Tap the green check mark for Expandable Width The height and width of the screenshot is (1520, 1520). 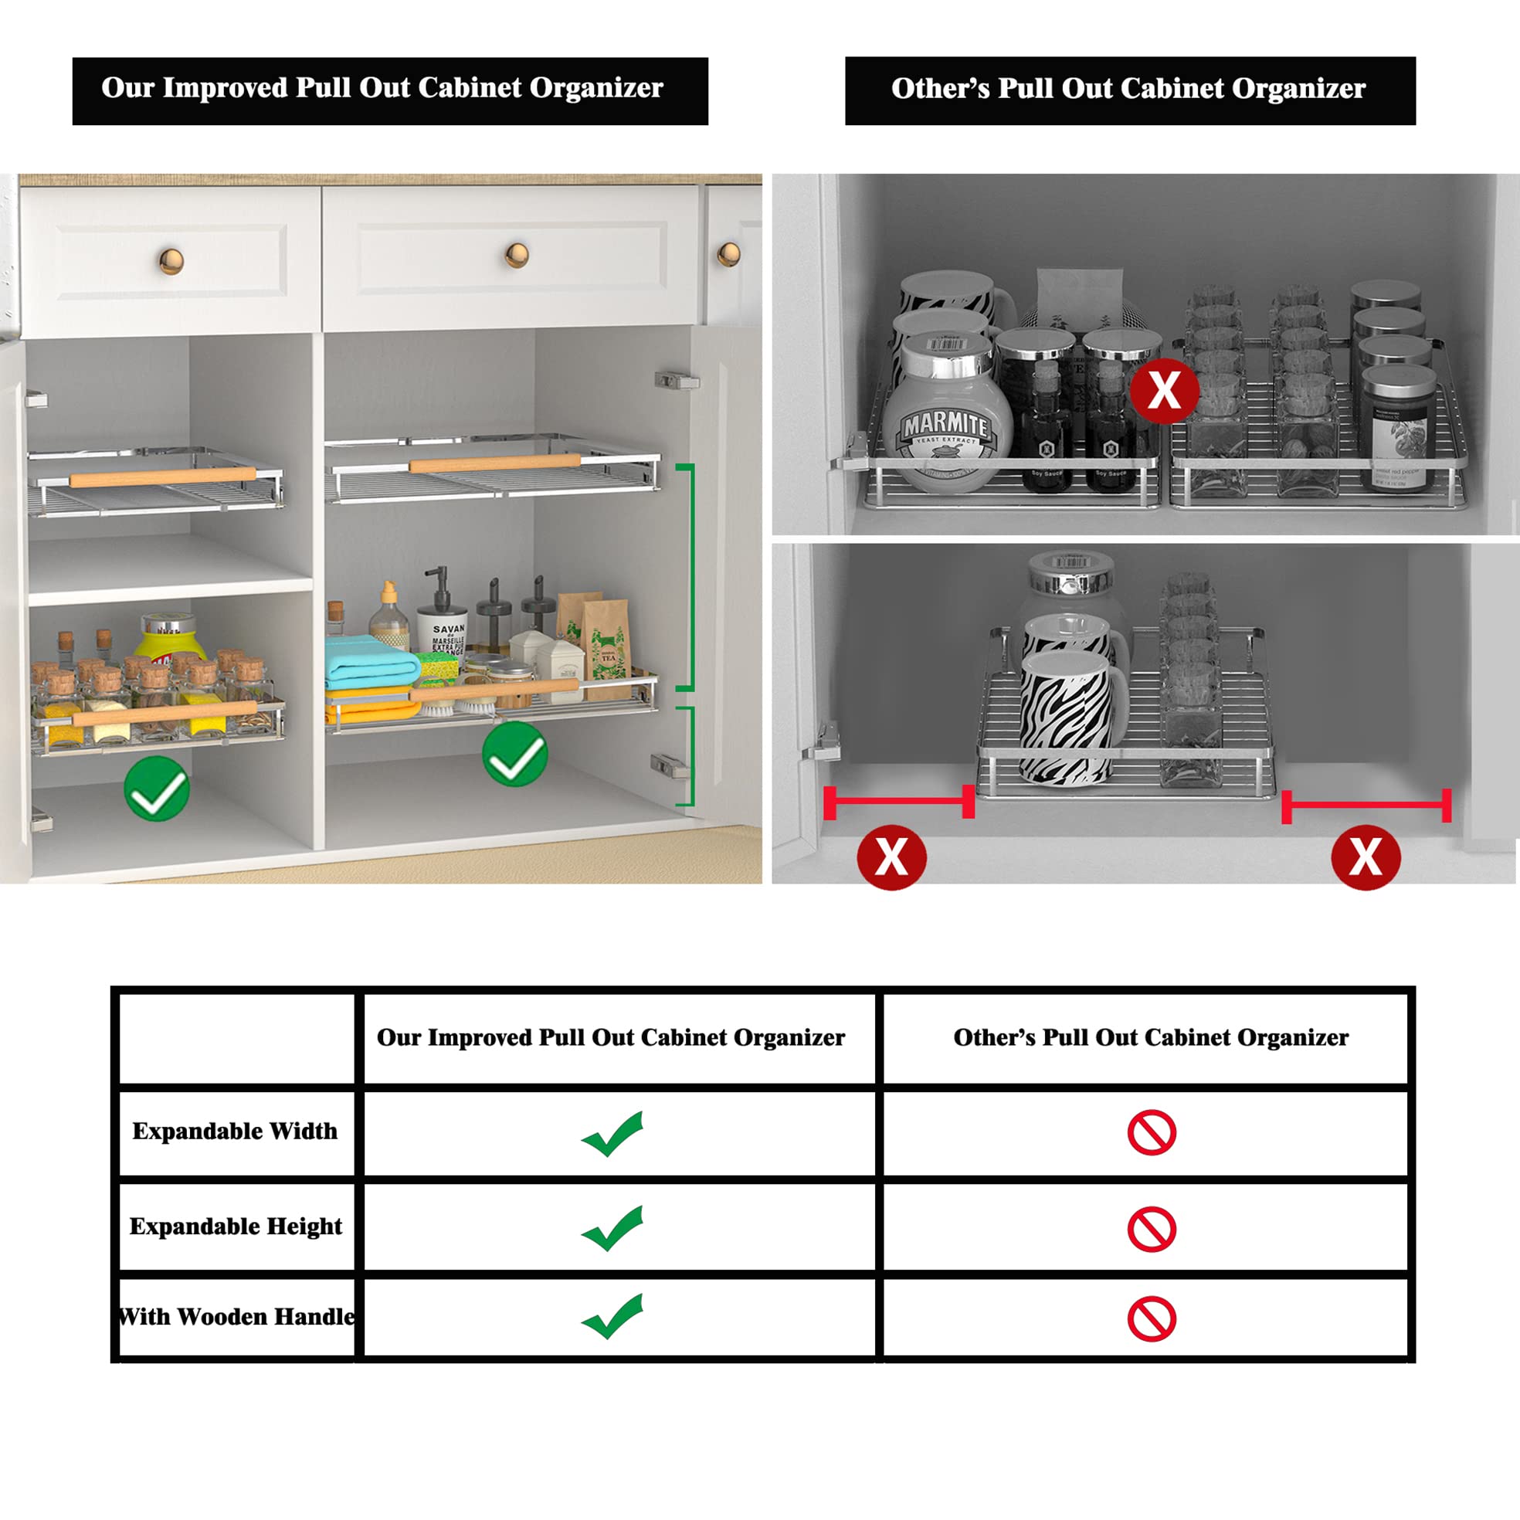[x=613, y=1134]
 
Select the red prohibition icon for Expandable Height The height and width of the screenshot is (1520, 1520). [x=1151, y=1229]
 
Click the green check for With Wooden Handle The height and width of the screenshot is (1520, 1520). [x=613, y=1316]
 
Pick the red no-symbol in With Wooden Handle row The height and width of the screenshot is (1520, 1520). [x=1151, y=1319]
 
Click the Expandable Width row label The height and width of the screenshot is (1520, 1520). [x=235, y=1132]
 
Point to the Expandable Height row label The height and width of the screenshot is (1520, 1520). [x=236, y=1227]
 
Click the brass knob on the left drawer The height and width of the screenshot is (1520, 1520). [x=171, y=260]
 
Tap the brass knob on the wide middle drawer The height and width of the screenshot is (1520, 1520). [x=517, y=255]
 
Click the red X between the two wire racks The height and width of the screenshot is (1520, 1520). [x=1164, y=391]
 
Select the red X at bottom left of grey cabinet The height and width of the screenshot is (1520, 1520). [x=891, y=857]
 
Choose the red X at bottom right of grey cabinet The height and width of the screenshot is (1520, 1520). [x=1365, y=857]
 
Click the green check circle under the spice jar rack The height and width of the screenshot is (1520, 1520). [x=157, y=789]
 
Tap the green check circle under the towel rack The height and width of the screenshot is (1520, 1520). [x=514, y=755]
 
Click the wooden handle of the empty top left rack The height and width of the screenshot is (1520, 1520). [x=162, y=477]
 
